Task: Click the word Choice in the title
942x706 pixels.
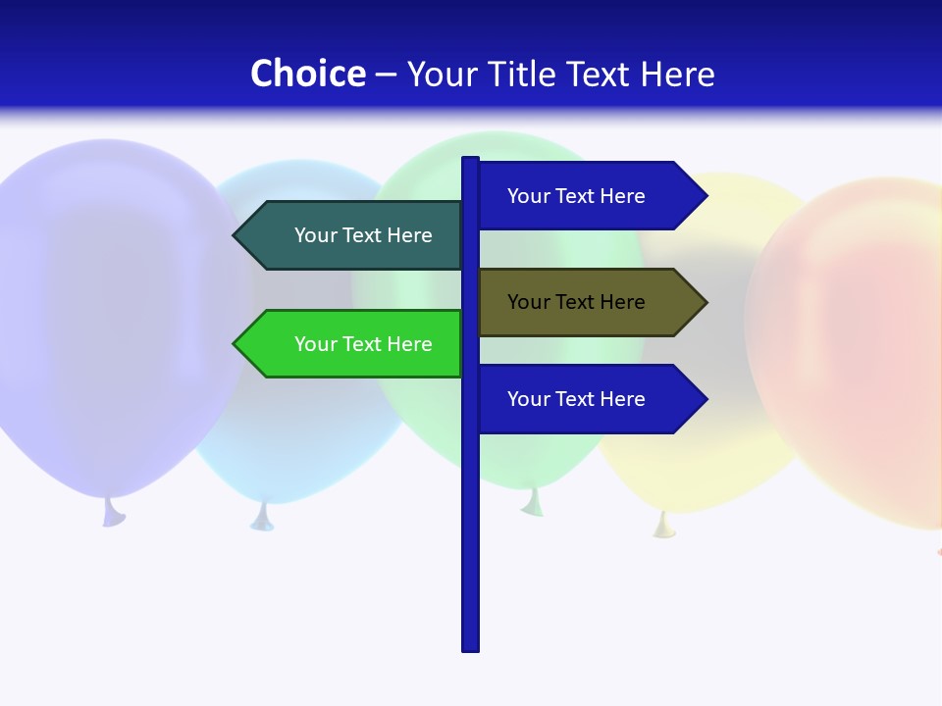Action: coord(307,74)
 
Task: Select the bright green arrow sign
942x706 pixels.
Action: coord(353,343)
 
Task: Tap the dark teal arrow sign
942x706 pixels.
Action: coord(353,235)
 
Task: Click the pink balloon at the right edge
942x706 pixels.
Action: coord(854,343)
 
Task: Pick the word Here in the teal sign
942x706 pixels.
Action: coord(409,235)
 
